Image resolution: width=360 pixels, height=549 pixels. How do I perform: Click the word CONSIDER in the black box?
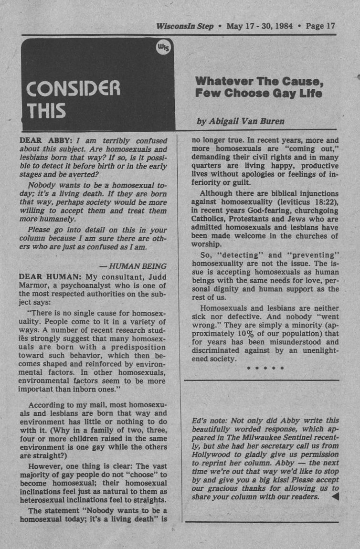74,88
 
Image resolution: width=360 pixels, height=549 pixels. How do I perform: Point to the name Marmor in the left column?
34,286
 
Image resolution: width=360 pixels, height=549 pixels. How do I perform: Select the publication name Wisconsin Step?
184,26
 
